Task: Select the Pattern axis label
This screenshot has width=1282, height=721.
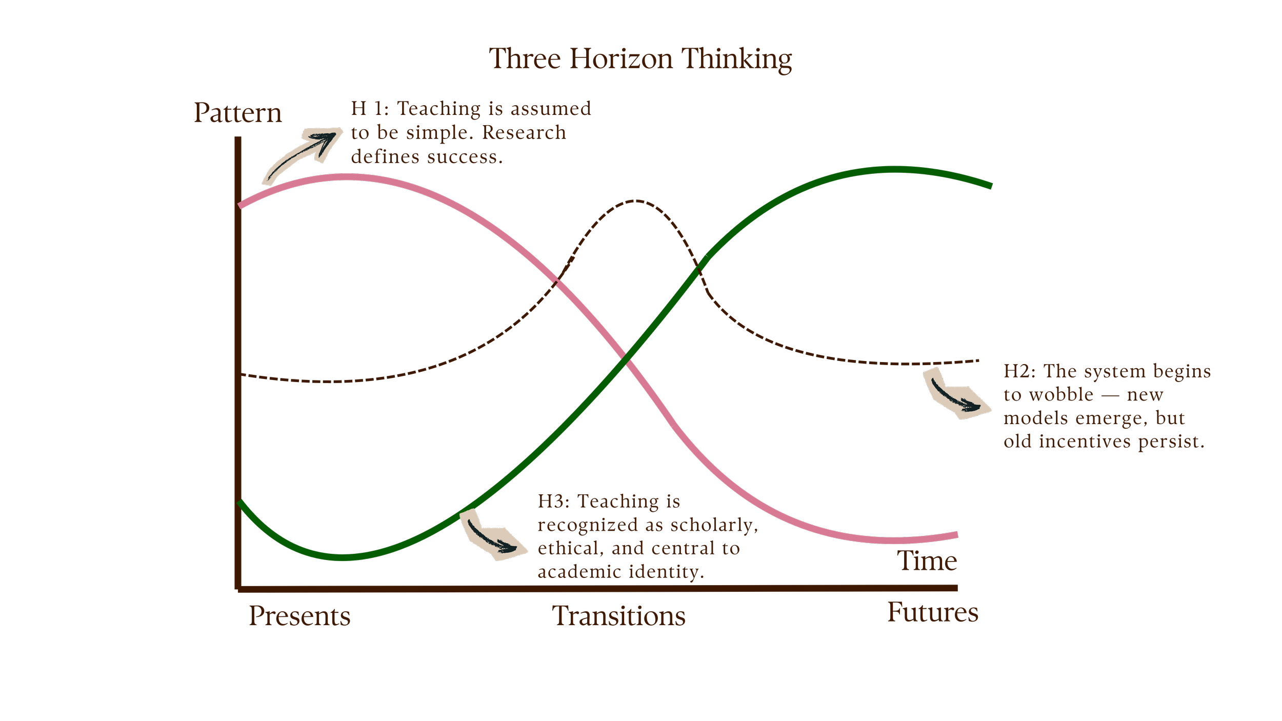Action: coord(237,113)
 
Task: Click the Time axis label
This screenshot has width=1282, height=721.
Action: coord(928,561)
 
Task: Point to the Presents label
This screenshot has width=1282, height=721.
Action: coord(299,616)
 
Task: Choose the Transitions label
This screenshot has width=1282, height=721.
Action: coord(618,616)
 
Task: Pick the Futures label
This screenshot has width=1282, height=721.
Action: coord(933,612)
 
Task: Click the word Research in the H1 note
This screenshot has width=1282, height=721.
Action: coord(524,133)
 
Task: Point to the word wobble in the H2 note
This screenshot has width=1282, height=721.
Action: coord(1061,395)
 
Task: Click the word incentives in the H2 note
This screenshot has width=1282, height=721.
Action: coord(1085,442)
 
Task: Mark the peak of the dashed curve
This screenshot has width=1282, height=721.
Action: coord(636,201)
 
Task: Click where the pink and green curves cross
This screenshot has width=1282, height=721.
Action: coord(625,362)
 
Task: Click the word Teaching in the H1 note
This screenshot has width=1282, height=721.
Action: coord(439,109)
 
